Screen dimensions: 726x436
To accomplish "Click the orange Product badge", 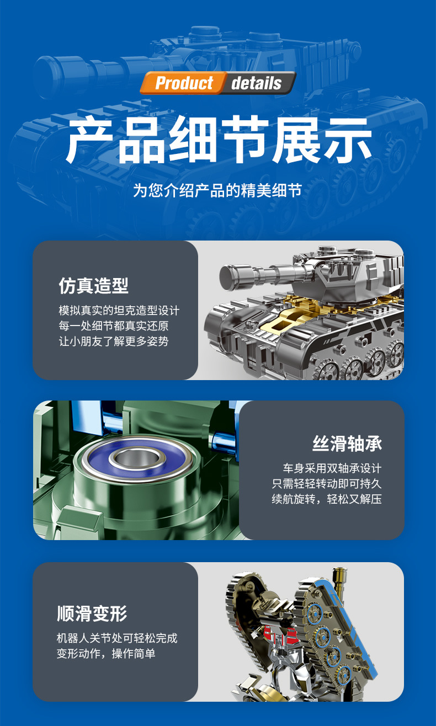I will tap(183, 83).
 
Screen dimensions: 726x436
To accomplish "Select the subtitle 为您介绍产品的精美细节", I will tap(217, 191).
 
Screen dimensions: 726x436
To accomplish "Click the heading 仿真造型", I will tap(93, 286).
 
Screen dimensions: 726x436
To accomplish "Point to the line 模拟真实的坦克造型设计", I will tap(119, 310).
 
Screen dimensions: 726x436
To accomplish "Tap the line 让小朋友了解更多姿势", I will tap(114, 341).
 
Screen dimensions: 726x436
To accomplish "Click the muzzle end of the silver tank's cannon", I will tap(227, 275).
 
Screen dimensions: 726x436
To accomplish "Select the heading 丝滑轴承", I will tap(347, 444).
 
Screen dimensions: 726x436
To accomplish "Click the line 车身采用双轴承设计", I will tap(332, 468).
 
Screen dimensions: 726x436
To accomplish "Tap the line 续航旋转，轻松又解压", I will tap(327, 499).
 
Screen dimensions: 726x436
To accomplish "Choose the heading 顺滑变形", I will tap(92, 613).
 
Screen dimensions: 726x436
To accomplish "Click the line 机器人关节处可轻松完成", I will tap(117, 638).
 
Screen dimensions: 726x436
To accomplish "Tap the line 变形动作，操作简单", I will tap(106, 654).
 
